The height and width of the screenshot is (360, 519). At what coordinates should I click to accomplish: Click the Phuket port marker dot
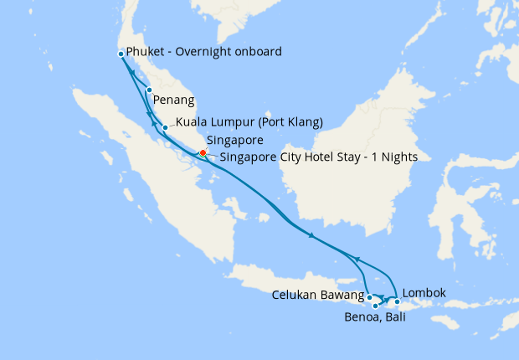(x=121, y=54)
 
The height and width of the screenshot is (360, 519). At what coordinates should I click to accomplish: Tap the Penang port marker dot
(x=148, y=90)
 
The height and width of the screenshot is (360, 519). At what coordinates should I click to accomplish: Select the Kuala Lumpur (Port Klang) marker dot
(x=165, y=127)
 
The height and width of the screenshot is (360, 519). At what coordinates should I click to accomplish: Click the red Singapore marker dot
(x=203, y=152)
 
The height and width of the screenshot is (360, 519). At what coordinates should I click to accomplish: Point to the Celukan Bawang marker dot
(x=369, y=296)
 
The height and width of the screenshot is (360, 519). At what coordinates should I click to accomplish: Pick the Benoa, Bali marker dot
(x=376, y=306)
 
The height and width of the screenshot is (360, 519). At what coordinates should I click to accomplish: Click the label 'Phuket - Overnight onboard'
(x=203, y=52)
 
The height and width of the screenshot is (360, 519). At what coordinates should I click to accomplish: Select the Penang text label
(x=172, y=101)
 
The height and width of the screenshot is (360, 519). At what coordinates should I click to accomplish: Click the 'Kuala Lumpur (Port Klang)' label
(x=249, y=122)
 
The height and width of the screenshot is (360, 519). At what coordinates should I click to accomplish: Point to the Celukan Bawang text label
(x=318, y=295)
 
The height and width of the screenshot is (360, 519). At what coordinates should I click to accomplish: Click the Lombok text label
(x=424, y=293)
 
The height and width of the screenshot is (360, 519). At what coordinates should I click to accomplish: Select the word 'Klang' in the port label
(x=301, y=122)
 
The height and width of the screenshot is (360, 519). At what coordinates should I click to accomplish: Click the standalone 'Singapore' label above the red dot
(x=235, y=140)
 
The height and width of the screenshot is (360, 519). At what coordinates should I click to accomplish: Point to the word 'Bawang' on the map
(x=343, y=295)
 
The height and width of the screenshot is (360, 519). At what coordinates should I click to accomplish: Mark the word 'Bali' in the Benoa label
(x=395, y=319)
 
